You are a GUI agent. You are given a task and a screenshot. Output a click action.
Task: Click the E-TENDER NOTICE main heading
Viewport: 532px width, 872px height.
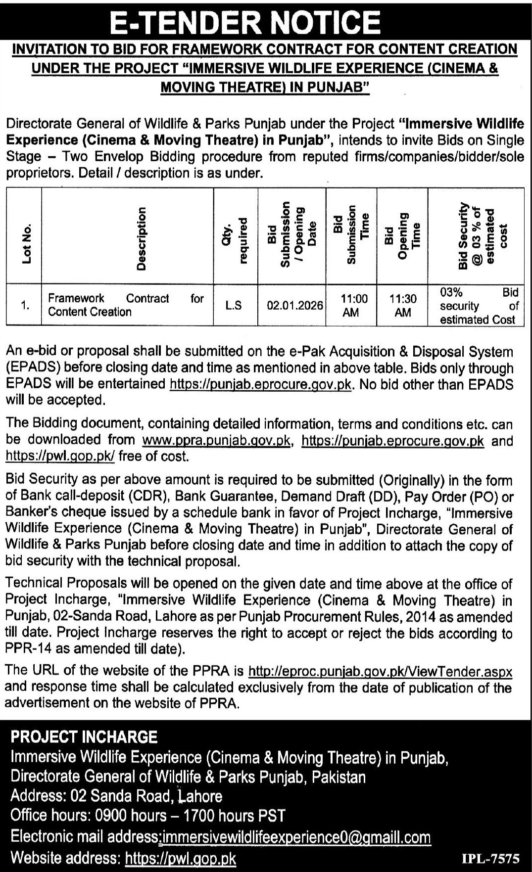[x=245, y=22]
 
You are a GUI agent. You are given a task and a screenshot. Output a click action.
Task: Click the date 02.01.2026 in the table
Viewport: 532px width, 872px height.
[x=294, y=305]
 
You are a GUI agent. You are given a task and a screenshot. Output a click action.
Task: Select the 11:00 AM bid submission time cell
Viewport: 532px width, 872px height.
[x=351, y=305]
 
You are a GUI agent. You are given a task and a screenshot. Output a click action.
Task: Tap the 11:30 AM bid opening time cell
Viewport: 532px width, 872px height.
[x=402, y=305]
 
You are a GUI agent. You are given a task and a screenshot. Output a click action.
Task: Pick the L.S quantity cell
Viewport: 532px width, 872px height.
[x=234, y=305]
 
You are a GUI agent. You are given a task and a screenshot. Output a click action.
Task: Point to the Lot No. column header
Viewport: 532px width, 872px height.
[x=26, y=243]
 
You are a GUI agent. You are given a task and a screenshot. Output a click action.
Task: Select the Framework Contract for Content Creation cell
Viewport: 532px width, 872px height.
[x=126, y=305]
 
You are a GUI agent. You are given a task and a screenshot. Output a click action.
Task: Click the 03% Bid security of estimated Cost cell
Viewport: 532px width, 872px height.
[x=479, y=306]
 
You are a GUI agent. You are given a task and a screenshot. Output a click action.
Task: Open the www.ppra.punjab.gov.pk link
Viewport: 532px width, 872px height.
[x=216, y=440]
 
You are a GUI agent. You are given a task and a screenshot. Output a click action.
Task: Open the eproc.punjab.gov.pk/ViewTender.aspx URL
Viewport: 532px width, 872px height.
[x=380, y=671]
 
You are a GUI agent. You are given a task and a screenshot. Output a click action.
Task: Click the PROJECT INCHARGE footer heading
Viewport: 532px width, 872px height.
[x=84, y=737]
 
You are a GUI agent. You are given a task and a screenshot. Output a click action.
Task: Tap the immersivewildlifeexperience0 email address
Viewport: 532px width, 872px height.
[x=296, y=837]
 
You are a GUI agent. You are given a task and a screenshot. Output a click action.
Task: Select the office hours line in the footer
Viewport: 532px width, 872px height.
[x=148, y=816]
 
